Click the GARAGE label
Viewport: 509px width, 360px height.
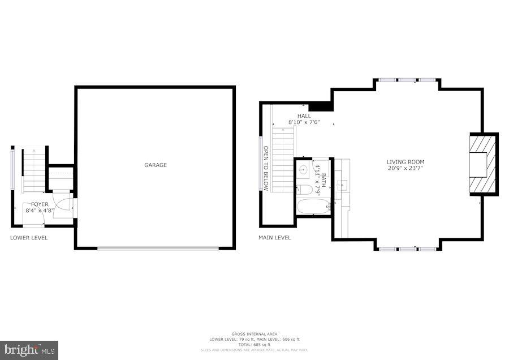click(155, 165)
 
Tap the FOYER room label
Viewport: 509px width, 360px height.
click(40, 204)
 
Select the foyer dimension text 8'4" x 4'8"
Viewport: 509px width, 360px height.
click(40, 211)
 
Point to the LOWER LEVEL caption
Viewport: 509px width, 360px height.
click(29, 238)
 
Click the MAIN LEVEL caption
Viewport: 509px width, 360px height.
click(274, 238)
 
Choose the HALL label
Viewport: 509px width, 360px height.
click(304, 116)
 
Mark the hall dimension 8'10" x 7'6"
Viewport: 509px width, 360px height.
click(304, 122)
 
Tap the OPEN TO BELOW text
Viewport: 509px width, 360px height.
click(266, 169)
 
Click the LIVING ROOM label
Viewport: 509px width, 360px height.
click(406, 162)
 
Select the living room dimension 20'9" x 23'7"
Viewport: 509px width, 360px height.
click(406, 168)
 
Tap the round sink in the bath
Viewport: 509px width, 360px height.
click(303, 169)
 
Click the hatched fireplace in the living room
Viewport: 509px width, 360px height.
click(484, 164)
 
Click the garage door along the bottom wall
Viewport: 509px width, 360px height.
click(157, 247)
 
